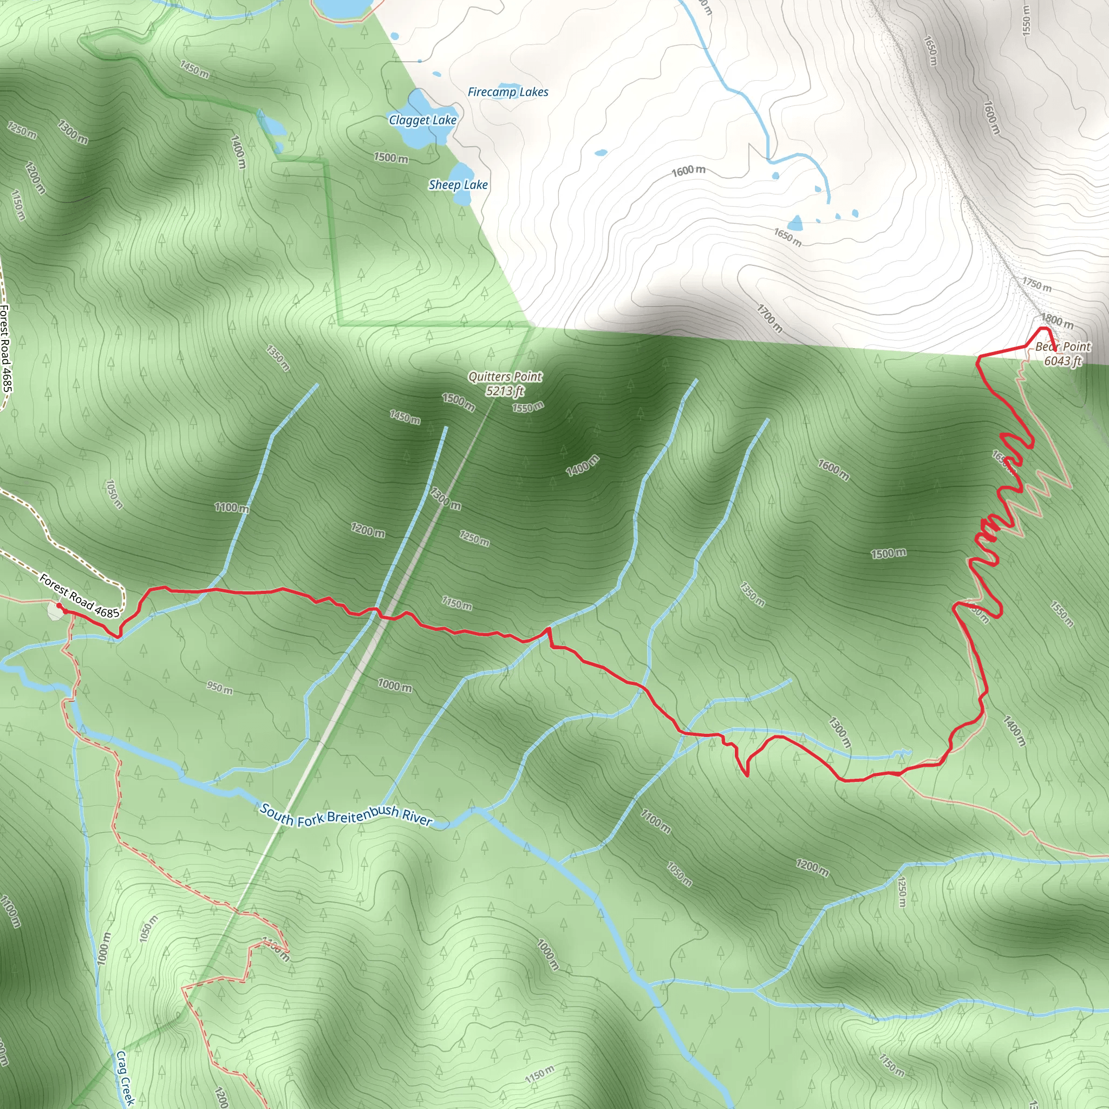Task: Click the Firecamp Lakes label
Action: coord(507,92)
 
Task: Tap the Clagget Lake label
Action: coord(422,120)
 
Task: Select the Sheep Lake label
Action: coord(458,185)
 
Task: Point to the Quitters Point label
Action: coord(505,376)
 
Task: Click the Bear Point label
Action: coord(1062,347)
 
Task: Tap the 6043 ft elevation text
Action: coord(1062,361)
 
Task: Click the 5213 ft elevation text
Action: coord(505,391)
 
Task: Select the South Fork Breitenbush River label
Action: coord(346,814)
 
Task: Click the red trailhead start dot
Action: coord(59,605)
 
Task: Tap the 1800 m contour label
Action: coord(1057,321)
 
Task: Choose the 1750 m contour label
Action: coord(1036,284)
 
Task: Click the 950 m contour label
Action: coord(220,687)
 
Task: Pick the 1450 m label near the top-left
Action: coord(194,69)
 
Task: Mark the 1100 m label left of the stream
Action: coord(232,507)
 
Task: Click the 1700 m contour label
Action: coord(769,318)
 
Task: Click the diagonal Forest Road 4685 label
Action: coord(79,597)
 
